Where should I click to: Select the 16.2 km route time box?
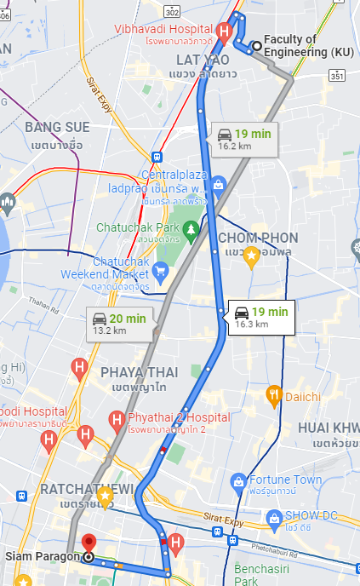coord(242,138)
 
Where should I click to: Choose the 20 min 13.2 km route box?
coord(120,324)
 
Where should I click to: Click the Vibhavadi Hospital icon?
coord(224,32)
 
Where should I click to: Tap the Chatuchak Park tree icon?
coord(193,229)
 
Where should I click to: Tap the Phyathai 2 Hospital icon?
coord(118,418)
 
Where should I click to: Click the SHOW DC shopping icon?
coord(274,517)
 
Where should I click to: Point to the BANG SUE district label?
coord(58,128)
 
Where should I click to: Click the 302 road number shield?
coord(174,11)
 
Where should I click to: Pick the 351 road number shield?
coord(337,77)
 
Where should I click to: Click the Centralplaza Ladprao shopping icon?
coord(218,184)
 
